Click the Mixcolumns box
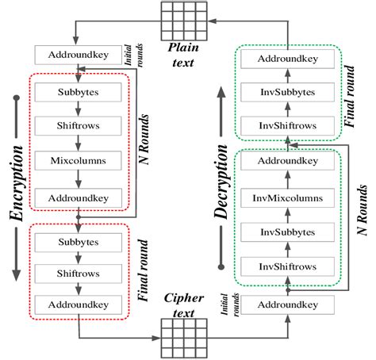point(78,159)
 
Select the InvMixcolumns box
point(288,197)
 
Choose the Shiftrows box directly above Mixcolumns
point(78,124)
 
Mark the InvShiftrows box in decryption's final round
point(288,125)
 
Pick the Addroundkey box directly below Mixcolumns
point(78,195)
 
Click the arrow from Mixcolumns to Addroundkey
point(78,178)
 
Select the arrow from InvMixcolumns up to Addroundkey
point(288,180)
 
